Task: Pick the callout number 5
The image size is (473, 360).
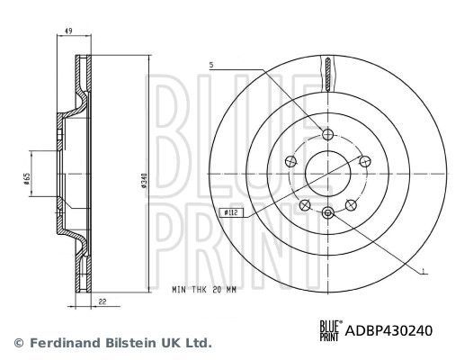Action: (x=211, y=65)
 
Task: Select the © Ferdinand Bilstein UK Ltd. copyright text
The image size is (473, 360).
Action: (x=112, y=343)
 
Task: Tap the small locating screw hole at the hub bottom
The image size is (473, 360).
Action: (x=327, y=211)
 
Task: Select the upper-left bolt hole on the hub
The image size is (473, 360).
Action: (x=290, y=159)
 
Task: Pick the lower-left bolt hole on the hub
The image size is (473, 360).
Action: (x=304, y=202)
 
